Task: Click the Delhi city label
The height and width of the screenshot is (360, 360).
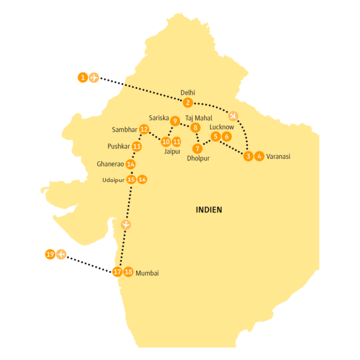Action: click(188, 92)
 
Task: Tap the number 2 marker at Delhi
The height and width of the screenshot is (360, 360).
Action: click(188, 102)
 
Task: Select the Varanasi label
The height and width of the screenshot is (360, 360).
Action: click(278, 157)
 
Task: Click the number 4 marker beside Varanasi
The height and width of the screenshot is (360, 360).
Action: click(259, 156)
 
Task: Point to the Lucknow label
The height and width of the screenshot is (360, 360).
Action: click(222, 127)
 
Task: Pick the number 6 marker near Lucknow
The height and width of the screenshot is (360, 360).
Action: click(227, 137)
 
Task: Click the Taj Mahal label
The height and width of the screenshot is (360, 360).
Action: click(199, 117)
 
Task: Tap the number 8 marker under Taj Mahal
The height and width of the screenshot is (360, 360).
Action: click(195, 128)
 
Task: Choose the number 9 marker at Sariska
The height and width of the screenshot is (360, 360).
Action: click(174, 121)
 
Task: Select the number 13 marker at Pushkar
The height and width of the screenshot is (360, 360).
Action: click(137, 147)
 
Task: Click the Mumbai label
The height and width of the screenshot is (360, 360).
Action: click(147, 272)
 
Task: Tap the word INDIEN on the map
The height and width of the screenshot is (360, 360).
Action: click(209, 210)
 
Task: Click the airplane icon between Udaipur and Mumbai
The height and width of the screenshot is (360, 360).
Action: click(125, 224)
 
